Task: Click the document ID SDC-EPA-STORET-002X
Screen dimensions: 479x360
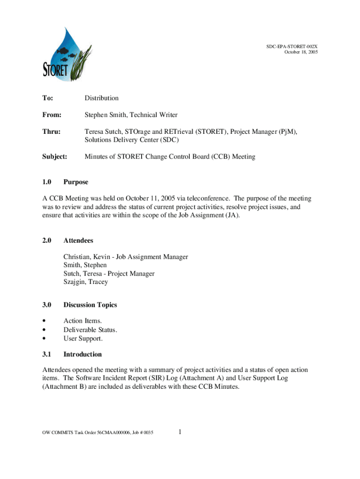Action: point(293,47)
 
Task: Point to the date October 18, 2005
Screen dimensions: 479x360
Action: point(301,52)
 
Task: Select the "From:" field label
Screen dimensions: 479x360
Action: point(51,115)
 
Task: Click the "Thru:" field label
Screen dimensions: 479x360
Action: point(51,132)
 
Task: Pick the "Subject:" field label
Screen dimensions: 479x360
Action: point(55,157)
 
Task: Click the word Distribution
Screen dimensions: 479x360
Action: point(101,98)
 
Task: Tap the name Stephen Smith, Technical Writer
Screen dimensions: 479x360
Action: point(131,115)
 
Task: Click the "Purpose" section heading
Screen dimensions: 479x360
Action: point(76,182)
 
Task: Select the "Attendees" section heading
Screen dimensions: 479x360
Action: point(78,240)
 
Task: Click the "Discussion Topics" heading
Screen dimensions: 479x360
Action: point(90,305)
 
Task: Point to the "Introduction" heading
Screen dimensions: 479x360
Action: point(82,355)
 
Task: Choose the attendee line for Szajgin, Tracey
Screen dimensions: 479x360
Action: point(86,282)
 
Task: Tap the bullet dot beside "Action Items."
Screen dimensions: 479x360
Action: point(44,321)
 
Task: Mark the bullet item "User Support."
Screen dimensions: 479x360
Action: point(83,338)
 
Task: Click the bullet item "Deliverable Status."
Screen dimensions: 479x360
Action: point(90,330)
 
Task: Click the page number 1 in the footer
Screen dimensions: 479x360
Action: point(180,432)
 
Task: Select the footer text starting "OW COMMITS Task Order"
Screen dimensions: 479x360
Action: point(94,433)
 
